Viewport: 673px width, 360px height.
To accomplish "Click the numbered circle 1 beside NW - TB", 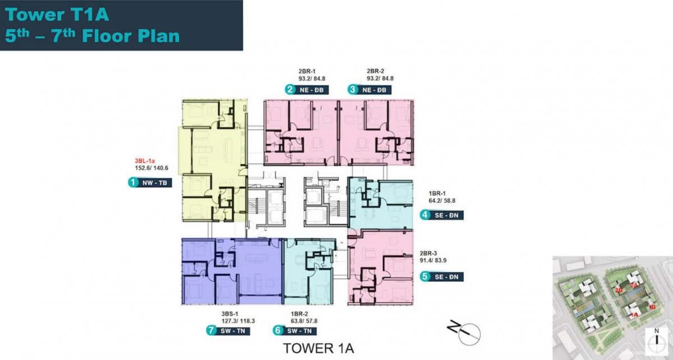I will click(x=133, y=182).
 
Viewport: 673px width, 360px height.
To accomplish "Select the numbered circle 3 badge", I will click(x=352, y=90).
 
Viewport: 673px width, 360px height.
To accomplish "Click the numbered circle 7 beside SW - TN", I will click(x=211, y=331).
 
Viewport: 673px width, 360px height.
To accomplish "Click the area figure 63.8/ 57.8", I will click(x=304, y=322).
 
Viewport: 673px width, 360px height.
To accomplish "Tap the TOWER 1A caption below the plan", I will click(x=319, y=348).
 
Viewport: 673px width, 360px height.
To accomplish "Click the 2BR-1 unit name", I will click(x=307, y=71).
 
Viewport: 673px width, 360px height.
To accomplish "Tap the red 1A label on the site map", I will click(x=634, y=315).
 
